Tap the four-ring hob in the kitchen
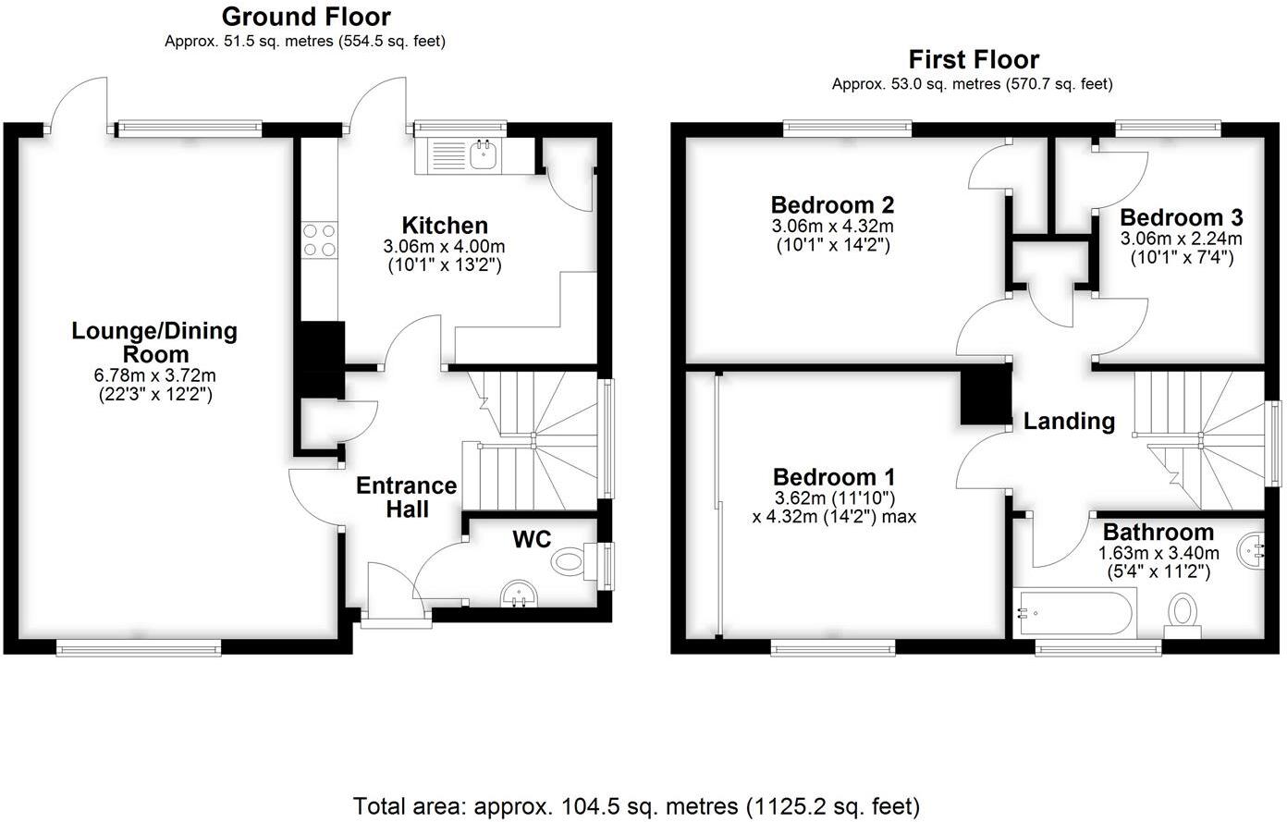(x=318, y=239)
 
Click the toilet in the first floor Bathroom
(x=1183, y=615)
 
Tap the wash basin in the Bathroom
(x=1252, y=552)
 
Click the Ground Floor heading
(x=306, y=17)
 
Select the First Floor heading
(x=974, y=60)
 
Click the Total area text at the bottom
(x=636, y=805)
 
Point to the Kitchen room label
(x=445, y=226)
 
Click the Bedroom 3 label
(x=1181, y=218)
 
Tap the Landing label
(x=1069, y=422)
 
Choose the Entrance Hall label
(x=407, y=497)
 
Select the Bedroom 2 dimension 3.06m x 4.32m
(x=832, y=226)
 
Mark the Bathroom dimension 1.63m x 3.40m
(x=1158, y=553)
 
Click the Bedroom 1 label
(x=834, y=477)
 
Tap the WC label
(x=532, y=539)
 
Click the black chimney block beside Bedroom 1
(x=985, y=395)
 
